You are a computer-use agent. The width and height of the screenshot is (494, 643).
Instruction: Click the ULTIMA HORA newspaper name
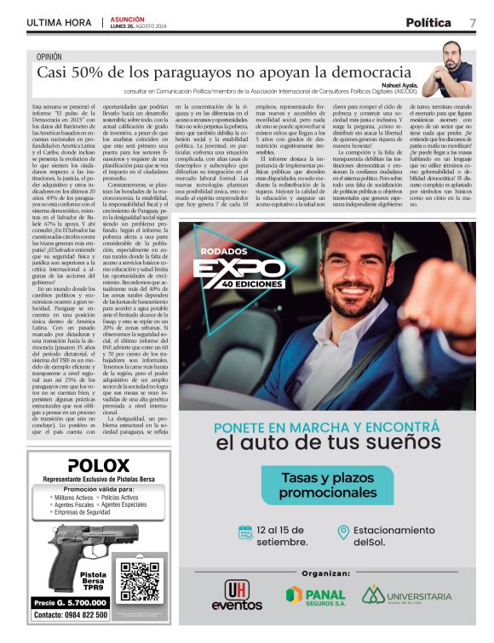coord(58,23)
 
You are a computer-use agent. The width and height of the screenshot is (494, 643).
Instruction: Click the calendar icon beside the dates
coord(245,532)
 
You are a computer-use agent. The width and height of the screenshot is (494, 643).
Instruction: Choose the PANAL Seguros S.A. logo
coord(316,595)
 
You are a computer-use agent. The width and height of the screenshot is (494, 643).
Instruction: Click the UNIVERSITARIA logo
coord(406,595)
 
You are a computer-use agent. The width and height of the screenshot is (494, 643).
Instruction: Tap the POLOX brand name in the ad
coord(98,465)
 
